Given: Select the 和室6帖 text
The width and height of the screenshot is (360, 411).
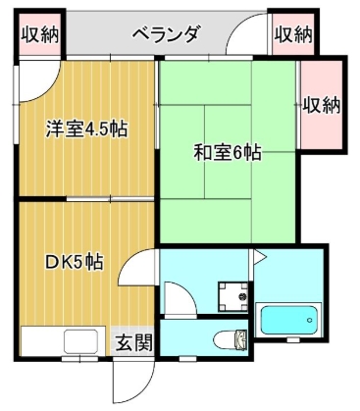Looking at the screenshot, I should point(227,153).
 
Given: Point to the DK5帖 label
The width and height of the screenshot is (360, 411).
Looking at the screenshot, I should point(75,262).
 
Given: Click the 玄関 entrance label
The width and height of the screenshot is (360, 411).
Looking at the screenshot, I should point(134,343).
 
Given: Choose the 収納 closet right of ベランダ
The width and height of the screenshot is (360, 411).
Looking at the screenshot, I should point(292,35).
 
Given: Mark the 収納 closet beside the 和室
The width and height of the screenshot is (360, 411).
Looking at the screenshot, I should point(321,102).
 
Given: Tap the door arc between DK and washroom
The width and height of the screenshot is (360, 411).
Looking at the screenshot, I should point(142,268).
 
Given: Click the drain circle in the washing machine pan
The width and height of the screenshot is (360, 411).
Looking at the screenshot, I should point(236,293).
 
